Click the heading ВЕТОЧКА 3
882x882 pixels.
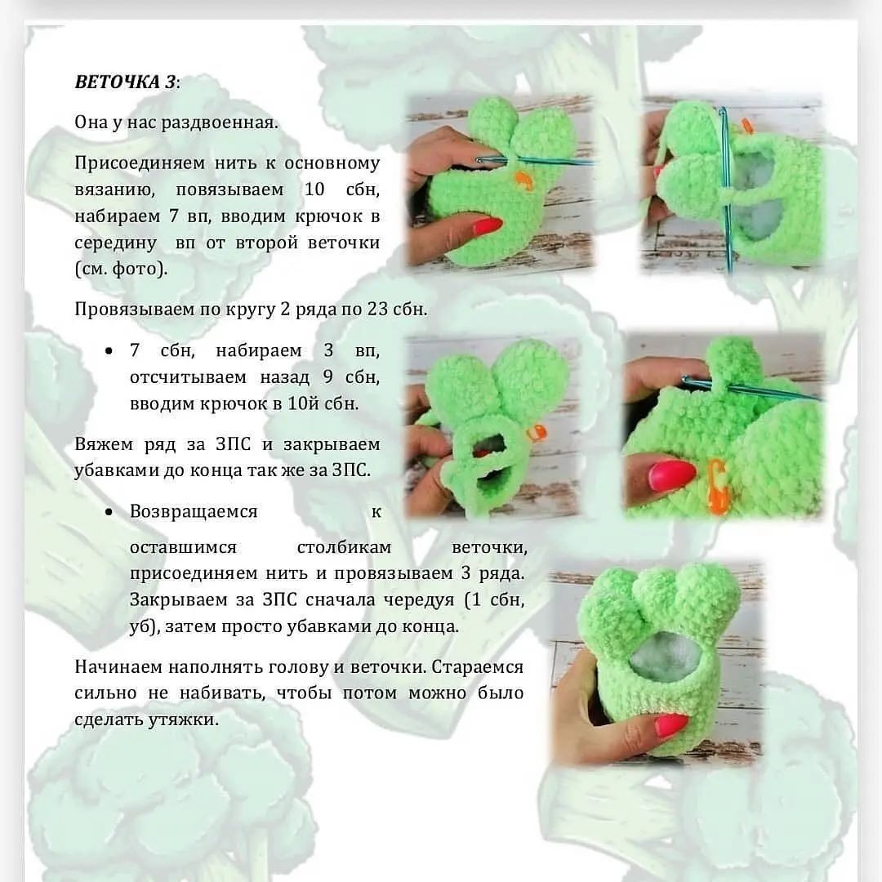click(125, 82)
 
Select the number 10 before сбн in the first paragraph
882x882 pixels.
click(314, 189)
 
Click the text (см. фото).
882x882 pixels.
click(121, 269)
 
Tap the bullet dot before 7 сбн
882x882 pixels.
click(109, 351)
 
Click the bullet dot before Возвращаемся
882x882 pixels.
click(109, 512)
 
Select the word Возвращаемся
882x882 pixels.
click(194, 512)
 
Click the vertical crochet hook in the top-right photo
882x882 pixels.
click(724, 188)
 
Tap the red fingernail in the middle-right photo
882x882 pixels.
click(671, 474)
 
